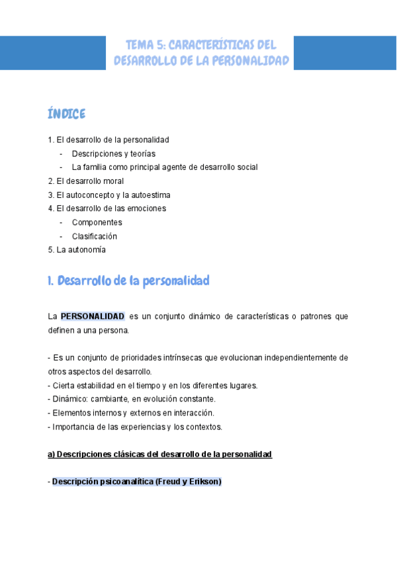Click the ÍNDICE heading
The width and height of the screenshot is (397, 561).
pyautogui.click(x=67, y=114)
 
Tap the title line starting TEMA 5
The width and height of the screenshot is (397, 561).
pyautogui.click(x=201, y=45)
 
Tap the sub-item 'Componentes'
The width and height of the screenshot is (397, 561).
pyautogui.click(x=97, y=222)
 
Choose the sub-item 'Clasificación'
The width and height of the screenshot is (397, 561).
pyautogui.click(x=95, y=236)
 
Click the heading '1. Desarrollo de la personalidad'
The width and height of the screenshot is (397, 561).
pyautogui.click(x=128, y=280)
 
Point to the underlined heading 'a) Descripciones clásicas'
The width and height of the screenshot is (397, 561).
pyautogui.click(x=159, y=454)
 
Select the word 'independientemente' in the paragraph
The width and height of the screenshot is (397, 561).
pyautogui.click(x=293, y=358)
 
